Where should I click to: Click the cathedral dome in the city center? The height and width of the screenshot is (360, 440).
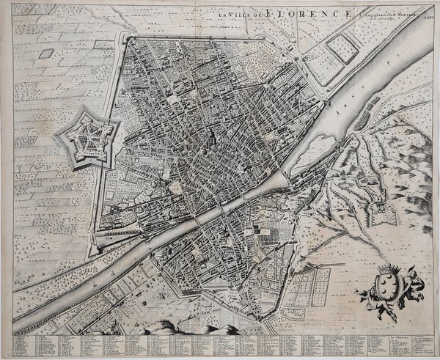[210, 137]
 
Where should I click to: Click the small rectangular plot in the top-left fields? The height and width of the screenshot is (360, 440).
[46, 53]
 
